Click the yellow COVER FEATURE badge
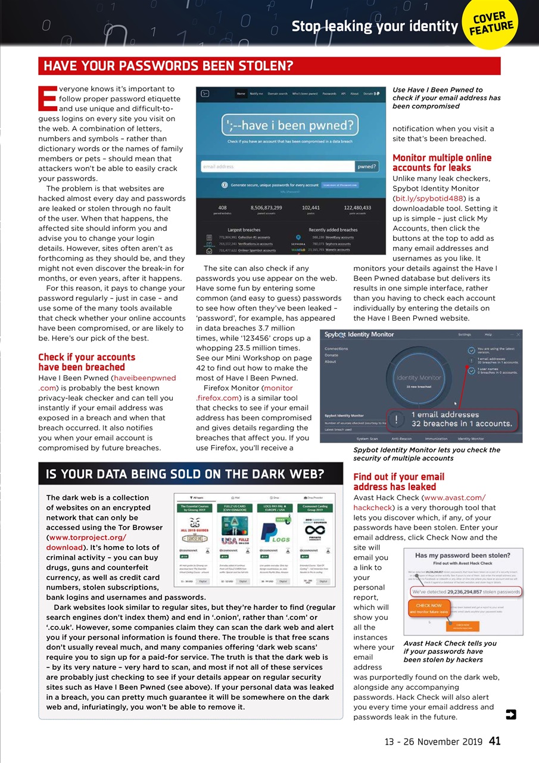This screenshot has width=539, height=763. coord(490,24)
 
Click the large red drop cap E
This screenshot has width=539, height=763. coord(46,99)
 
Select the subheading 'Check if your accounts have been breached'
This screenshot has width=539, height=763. coord(86,362)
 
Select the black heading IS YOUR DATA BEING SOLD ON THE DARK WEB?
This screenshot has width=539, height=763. coord(185,474)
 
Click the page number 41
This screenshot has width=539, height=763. coord(494,742)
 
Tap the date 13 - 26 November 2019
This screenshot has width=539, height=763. coord(434,742)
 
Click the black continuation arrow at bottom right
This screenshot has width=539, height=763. coord(510,715)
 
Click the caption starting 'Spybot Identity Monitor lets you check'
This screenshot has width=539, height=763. coord(426,454)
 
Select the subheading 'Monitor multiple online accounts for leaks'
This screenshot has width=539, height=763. coord(442,162)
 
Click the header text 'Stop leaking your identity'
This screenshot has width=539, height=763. coord(375,26)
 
